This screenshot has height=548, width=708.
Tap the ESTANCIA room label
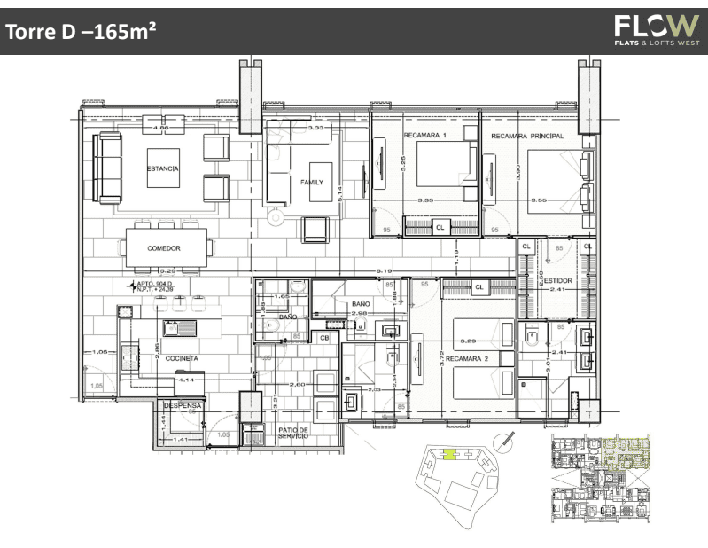coord(164,168)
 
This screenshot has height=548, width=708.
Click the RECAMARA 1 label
coord(425,136)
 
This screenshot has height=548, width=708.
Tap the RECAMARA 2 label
coord(467,359)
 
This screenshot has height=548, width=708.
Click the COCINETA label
coord(181,358)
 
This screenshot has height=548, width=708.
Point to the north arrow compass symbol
coord(505,441)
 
